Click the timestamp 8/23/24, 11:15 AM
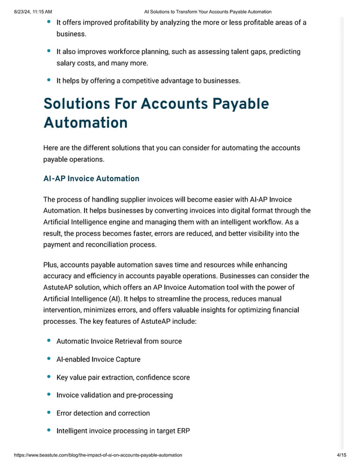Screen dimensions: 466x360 click(32, 11)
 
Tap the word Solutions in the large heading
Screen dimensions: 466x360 click(76, 104)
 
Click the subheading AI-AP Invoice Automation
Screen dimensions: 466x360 click(91, 179)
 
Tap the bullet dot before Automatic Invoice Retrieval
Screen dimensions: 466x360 click(49, 341)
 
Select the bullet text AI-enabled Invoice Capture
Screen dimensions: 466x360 click(98, 359)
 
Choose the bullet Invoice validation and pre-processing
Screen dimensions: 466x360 click(115, 395)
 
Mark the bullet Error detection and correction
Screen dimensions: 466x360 click(103, 413)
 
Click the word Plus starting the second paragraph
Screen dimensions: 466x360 click(50, 265)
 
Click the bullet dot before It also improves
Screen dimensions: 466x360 click(49, 51)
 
